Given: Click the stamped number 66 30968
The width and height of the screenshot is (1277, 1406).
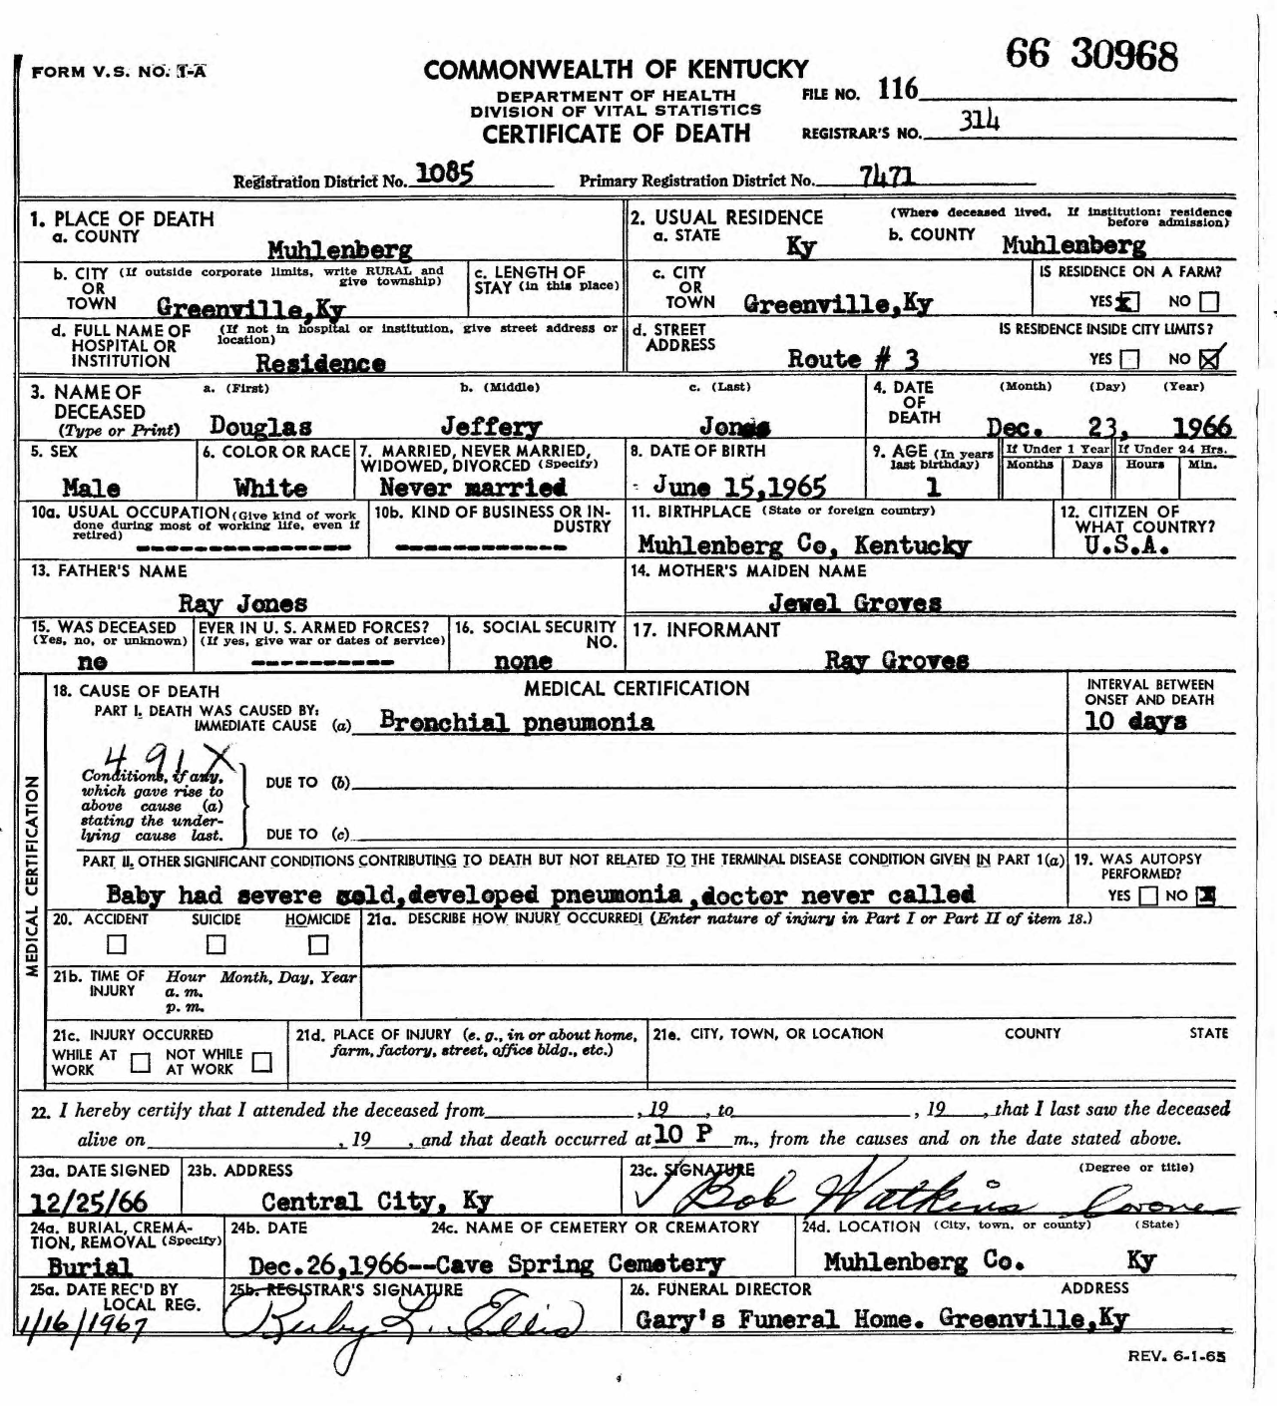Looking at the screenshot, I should tap(1091, 56).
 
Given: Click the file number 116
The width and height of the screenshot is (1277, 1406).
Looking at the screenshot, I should tap(897, 90).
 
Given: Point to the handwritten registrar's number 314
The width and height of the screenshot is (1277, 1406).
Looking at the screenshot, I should tap(979, 122).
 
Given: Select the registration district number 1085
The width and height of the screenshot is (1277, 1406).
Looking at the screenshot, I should tap(444, 174).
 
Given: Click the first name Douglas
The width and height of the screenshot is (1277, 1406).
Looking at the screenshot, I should tap(260, 426).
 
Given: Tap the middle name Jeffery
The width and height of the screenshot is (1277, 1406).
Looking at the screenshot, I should tap(491, 427).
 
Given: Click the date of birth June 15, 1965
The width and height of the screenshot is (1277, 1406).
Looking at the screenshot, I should tap(739, 487).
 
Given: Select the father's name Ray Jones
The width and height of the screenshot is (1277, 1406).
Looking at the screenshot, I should tap(242, 603).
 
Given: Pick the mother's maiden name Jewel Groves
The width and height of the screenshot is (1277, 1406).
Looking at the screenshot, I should tap(855, 602).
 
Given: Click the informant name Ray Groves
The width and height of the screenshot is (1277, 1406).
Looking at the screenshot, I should tap(896, 660).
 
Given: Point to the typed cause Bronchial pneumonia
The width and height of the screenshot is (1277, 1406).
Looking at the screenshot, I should tap(517, 722).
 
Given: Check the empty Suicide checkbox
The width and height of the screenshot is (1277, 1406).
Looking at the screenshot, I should tap(215, 943).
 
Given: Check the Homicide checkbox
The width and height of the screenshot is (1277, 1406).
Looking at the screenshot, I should tap(318, 943).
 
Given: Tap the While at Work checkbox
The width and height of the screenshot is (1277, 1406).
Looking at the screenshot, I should tap(141, 1062).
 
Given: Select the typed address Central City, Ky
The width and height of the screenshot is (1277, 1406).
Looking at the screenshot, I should tap(376, 1201).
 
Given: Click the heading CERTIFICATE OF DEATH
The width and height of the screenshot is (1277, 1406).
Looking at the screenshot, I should tap(616, 134).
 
